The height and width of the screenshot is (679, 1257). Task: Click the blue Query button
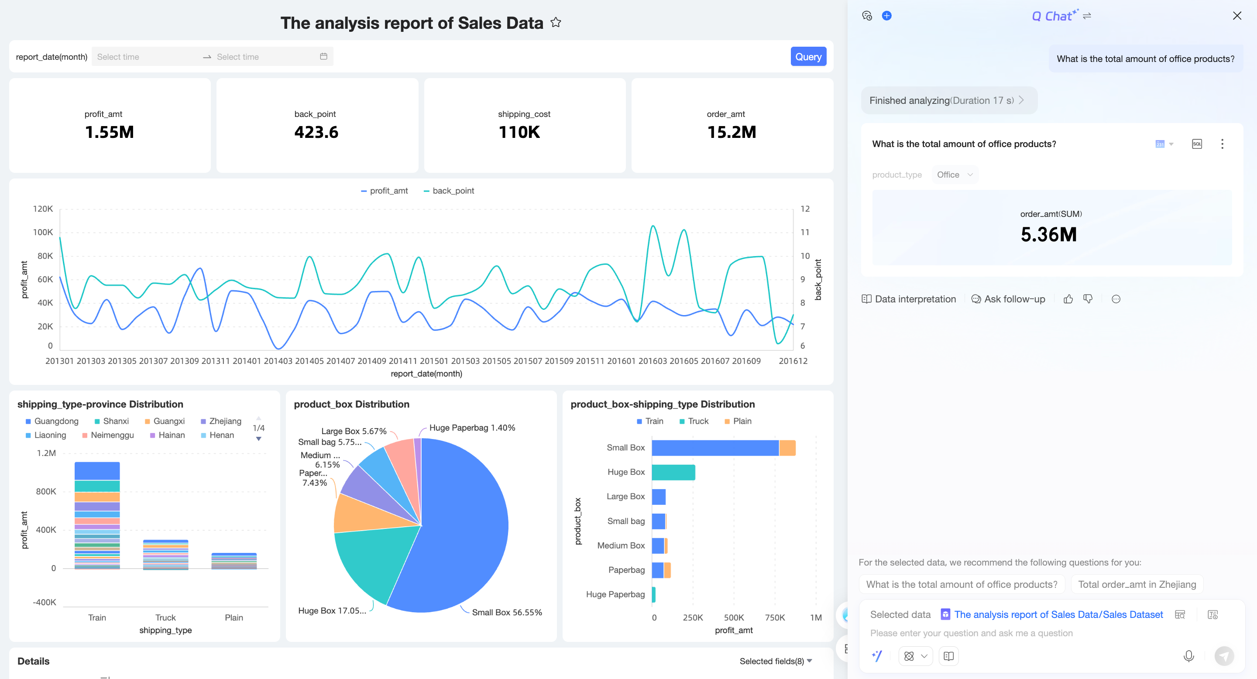click(x=808, y=57)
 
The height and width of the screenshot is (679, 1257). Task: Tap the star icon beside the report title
click(x=556, y=22)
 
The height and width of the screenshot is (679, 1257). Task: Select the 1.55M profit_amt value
click(x=109, y=132)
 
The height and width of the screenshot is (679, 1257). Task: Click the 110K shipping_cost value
click(x=519, y=132)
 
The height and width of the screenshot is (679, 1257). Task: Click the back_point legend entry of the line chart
click(x=449, y=191)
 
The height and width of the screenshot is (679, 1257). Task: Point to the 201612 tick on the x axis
click(x=793, y=361)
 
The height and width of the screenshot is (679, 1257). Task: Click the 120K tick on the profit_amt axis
click(x=43, y=209)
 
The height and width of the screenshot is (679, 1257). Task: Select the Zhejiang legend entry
click(x=221, y=421)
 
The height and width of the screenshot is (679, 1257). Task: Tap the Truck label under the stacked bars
click(x=165, y=617)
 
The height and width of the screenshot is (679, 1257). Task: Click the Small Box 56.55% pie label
click(x=506, y=612)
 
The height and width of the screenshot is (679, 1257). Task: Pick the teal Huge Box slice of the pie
click(x=371, y=561)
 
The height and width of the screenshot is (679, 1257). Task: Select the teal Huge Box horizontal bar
click(x=673, y=472)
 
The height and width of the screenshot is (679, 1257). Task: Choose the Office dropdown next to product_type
click(x=955, y=175)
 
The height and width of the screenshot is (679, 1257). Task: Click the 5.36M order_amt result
click(x=1049, y=235)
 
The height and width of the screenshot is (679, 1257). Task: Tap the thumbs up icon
click(x=1068, y=299)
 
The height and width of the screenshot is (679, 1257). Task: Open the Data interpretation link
click(x=909, y=299)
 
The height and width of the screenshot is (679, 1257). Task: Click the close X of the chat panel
click(x=1237, y=16)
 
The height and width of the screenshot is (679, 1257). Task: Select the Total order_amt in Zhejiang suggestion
click(x=1137, y=584)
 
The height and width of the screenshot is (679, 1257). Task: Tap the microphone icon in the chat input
click(x=1188, y=656)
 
